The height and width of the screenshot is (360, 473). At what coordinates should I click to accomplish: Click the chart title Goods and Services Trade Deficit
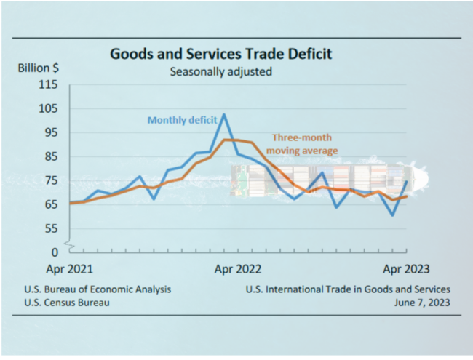[x=220, y=54]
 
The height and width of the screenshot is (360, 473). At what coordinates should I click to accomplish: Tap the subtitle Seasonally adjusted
[x=220, y=71]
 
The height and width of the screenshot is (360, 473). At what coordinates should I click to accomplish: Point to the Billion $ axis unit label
[x=39, y=68]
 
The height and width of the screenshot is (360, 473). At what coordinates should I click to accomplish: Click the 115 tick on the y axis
[x=48, y=84]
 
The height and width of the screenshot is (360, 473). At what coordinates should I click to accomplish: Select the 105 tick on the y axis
[x=48, y=108]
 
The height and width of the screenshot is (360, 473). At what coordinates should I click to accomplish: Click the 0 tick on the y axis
[x=54, y=252]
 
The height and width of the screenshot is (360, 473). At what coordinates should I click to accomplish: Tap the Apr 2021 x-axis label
[x=70, y=268]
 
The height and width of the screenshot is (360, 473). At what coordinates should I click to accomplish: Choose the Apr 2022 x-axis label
[x=236, y=268]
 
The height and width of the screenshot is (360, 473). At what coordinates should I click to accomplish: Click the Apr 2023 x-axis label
[x=405, y=268]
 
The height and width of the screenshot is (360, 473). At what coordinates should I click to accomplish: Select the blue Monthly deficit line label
[x=183, y=121]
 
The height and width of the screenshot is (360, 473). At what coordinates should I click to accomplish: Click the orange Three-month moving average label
[x=305, y=143]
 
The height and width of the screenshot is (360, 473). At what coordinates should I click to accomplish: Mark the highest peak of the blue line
[x=223, y=114]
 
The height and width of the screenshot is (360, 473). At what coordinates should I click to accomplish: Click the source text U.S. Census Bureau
[x=67, y=303]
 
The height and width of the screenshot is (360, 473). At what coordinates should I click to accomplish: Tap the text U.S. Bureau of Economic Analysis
[x=98, y=289]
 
